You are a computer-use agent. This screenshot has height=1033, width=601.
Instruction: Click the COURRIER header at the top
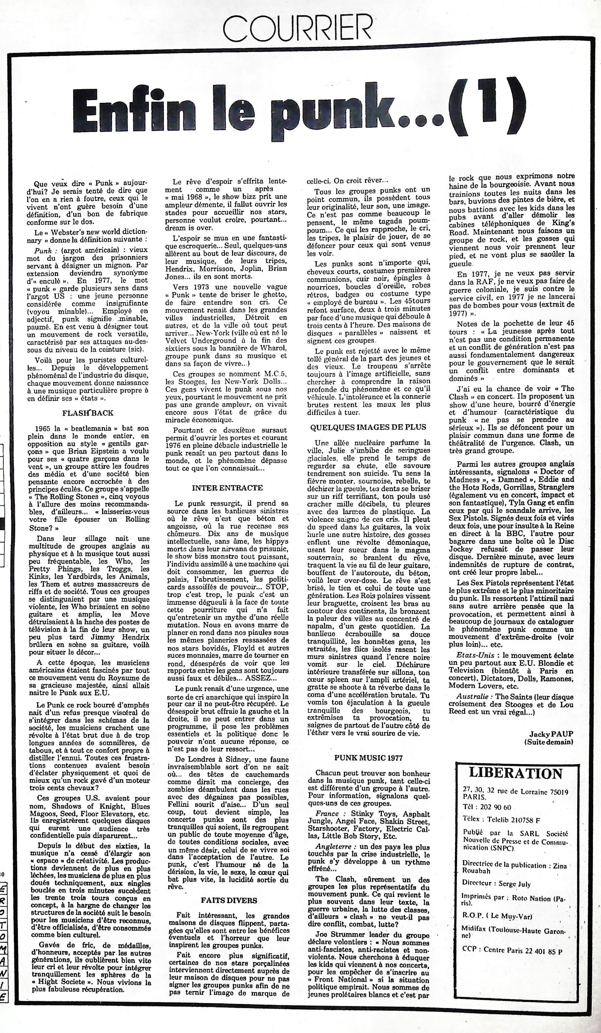pyautogui.click(x=297, y=28)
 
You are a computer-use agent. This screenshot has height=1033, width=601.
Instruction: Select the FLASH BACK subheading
pyautogui.click(x=88, y=413)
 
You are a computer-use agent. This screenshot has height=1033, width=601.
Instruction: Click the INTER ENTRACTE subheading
pyautogui.click(x=227, y=488)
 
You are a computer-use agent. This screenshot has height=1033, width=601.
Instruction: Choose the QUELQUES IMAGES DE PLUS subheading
pyautogui.click(x=368, y=427)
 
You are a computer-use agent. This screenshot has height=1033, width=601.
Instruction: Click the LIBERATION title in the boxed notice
pyautogui.click(x=515, y=774)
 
